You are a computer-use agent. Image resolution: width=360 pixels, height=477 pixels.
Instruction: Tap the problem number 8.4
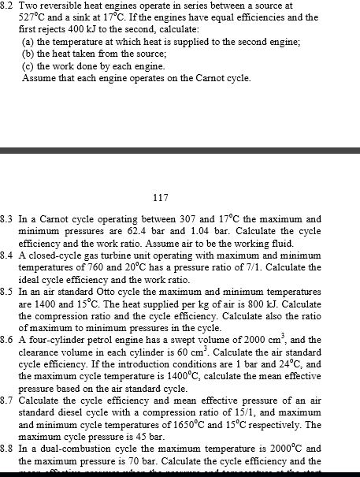[x=7, y=256]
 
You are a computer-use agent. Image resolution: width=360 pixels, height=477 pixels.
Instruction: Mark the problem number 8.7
[x=7, y=401]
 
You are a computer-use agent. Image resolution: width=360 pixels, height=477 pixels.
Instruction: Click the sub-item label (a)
[x=28, y=41]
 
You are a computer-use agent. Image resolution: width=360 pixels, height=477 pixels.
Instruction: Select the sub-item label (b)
[x=28, y=54]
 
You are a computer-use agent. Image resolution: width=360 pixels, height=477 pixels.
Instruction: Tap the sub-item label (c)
[x=28, y=66]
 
